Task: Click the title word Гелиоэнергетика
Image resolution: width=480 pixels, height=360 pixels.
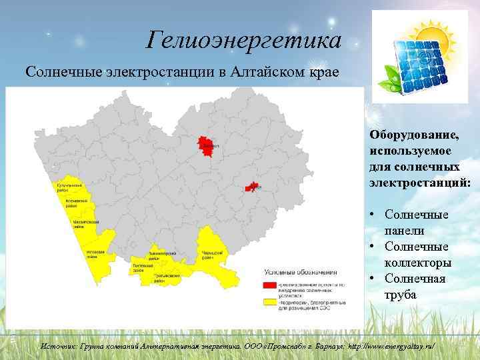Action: pos(244,41)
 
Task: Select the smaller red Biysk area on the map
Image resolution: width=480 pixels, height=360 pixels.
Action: pos(252,188)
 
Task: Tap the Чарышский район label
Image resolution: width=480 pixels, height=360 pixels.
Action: pos(209,255)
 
